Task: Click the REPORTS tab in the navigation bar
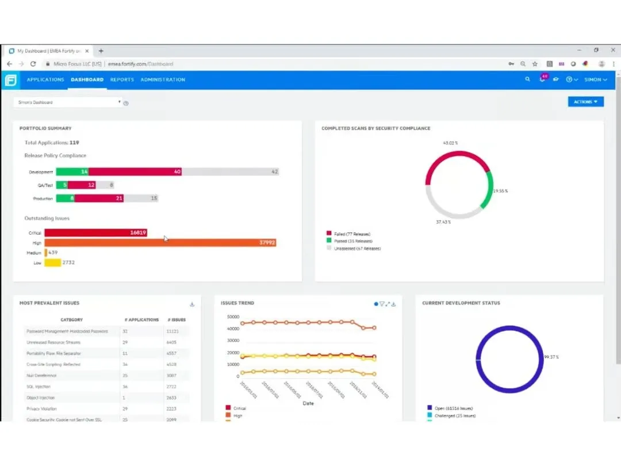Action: [122, 79]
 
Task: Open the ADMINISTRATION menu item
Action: [163, 79]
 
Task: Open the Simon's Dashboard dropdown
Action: [68, 102]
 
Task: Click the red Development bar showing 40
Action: [135, 172]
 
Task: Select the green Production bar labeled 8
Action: [65, 198]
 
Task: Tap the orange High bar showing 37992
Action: [161, 243]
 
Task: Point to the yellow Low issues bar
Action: [52, 262]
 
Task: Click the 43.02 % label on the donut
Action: [450, 143]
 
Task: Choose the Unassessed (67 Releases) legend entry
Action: [356, 249]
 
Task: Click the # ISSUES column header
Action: [177, 320]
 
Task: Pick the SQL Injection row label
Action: [39, 387]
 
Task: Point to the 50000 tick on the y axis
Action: [233, 317]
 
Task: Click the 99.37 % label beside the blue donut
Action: [551, 357]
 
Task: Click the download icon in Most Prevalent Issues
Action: [192, 304]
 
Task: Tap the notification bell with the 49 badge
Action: [542, 79]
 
